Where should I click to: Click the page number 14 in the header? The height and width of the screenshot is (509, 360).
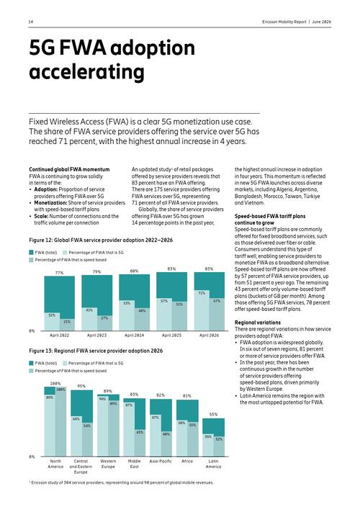[31, 22]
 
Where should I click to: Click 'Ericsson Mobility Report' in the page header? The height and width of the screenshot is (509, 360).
[284, 22]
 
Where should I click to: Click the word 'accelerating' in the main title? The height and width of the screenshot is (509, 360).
[86, 71]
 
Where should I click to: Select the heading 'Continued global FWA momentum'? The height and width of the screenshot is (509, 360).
[69, 169]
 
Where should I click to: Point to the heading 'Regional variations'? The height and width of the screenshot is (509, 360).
[258, 323]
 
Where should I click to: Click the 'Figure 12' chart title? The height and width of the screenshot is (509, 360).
[101, 240]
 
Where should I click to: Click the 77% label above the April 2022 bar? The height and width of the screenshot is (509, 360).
[60, 273]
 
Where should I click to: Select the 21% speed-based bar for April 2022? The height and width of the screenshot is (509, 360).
[67, 325]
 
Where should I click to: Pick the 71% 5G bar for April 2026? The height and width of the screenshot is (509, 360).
[202, 310]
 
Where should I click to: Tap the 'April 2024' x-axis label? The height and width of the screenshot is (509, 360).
[134, 335]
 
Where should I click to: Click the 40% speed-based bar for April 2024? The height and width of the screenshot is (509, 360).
[142, 319]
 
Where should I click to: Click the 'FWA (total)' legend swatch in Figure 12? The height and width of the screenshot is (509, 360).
[31, 252]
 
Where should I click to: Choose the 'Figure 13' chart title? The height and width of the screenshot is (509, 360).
[96, 351]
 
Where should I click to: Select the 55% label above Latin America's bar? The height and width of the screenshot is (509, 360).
[213, 415]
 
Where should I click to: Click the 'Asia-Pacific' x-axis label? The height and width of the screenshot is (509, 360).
[161, 461]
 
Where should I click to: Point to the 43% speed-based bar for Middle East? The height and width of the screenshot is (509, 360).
[140, 443]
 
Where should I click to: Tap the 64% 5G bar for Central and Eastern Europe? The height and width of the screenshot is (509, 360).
[76, 436]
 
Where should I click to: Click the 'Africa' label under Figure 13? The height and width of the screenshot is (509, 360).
[187, 461]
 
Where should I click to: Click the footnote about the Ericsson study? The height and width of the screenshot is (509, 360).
[121, 482]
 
